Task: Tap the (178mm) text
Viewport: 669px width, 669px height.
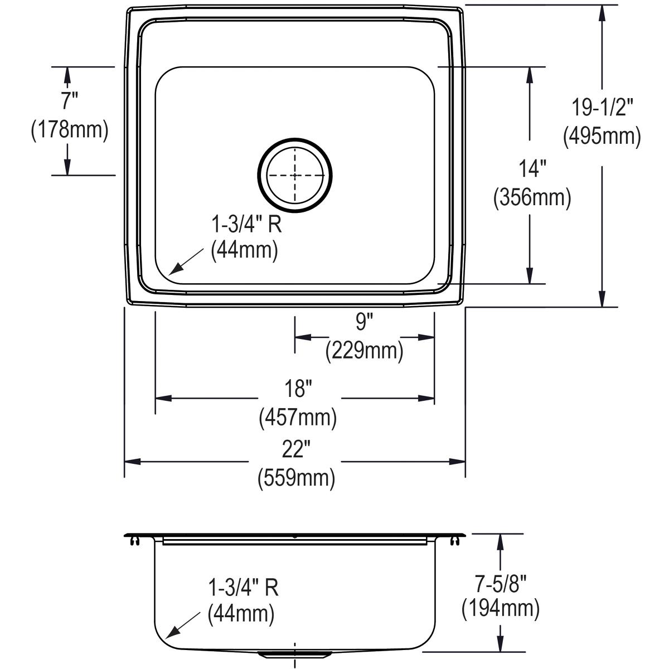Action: click(x=69, y=130)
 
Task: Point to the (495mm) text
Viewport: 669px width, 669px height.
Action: click(x=602, y=136)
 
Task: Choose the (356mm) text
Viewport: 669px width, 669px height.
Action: click(x=531, y=197)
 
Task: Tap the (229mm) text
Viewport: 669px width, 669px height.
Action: click(x=363, y=351)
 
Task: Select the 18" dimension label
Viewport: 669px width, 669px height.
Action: click(x=297, y=389)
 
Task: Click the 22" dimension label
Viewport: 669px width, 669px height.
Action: click(x=295, y=449)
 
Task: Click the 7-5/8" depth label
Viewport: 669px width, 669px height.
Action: click(x=500, y=581)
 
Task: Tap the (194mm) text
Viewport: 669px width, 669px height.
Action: click(x=500, y=609)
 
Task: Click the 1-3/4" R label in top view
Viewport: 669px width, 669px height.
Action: click(x=245, y=225)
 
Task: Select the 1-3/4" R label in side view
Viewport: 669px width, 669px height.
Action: click(x=243, y=587)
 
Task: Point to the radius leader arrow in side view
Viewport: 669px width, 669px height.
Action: click(x=182, y=625)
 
